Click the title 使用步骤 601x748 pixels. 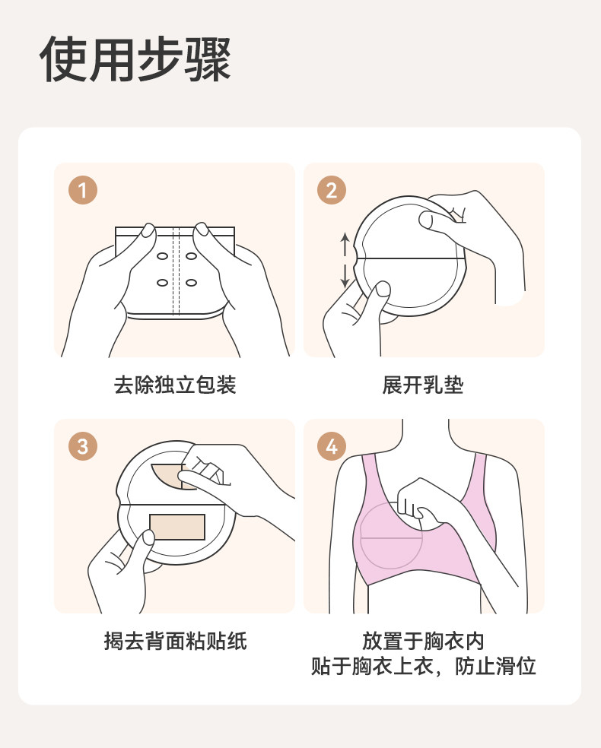[135, 59]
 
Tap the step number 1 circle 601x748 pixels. [83, 190]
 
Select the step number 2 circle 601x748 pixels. [332, 190]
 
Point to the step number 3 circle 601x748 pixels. [83, 446]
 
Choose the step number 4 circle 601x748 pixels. [332, 446]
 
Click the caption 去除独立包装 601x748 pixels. [175, 385]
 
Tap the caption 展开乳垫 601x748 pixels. [423, 385]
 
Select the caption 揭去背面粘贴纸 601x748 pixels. [175, 641]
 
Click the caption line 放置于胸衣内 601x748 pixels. [423, 641]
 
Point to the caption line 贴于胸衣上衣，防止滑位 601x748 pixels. [424, 666]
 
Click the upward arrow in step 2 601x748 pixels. [345, 244]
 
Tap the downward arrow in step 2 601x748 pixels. [345, 276]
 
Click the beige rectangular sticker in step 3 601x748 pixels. [177, 527]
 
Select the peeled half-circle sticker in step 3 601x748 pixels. [167, 476]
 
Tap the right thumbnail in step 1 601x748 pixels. [202, 229]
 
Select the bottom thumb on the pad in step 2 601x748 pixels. [383, 289]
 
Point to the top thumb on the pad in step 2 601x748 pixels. [428, 220]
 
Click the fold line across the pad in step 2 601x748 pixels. [411, 259]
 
